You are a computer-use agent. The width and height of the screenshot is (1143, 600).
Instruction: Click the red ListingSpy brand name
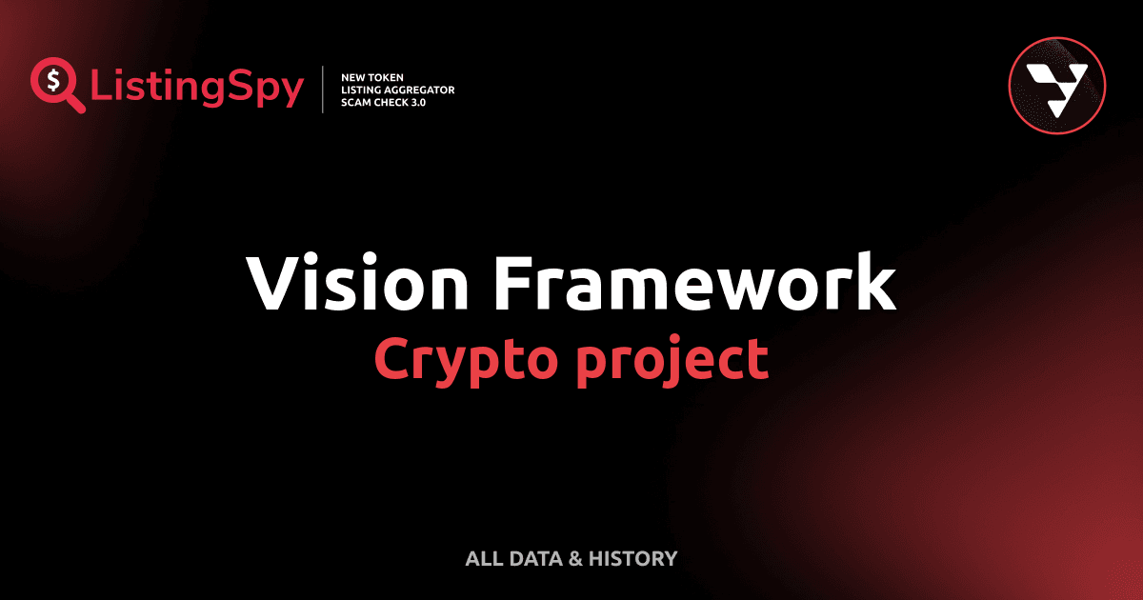pyautogui.click(x=197, y=89)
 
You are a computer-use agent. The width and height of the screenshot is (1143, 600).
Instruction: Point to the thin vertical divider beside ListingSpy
pyautogui.click(x=325, y=90)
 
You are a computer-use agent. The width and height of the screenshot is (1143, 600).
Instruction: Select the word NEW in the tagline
pyautogui.click(x=354, y=76)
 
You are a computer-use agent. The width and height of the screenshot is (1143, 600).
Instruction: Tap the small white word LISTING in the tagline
pyautogui.click(x=360, y=90)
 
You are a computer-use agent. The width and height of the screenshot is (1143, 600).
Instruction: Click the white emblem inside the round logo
pyautogui.click(x=1056, y=84)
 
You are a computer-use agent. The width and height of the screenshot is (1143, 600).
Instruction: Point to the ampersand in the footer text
pyautogui.click(x=575, y=559)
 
